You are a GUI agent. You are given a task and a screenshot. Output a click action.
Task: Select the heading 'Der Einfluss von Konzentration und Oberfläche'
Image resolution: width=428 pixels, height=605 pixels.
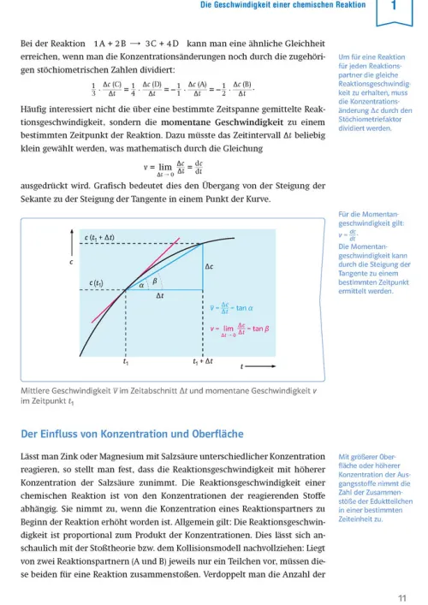pos(132,434)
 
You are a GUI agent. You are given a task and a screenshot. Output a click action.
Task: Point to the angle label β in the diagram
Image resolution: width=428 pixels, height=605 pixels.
pos(155,281)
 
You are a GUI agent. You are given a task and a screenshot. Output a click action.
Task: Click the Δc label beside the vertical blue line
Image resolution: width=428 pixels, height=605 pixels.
pos(209,267)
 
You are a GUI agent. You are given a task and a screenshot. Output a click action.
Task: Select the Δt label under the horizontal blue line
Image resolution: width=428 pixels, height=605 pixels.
pos(159,297)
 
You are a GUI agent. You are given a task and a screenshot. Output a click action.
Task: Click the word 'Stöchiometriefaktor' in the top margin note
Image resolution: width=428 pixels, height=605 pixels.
pos(371,118)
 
